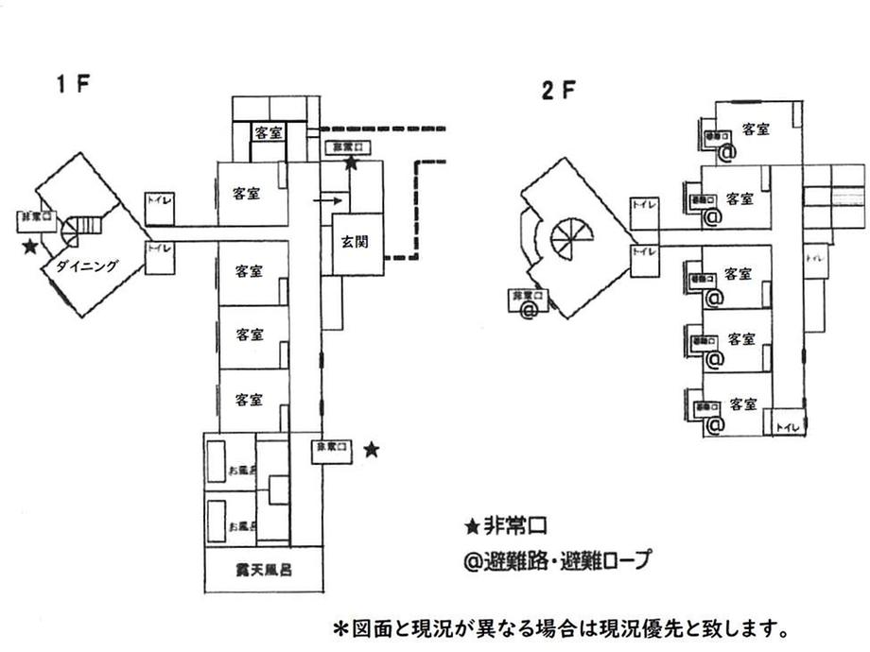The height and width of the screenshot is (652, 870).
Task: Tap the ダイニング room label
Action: click(x=86, y=266)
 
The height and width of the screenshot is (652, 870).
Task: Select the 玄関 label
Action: click(x=356, y=241)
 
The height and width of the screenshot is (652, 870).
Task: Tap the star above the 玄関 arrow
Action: click(x=351, y=163)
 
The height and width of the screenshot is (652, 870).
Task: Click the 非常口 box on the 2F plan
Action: click(x=526, y=296)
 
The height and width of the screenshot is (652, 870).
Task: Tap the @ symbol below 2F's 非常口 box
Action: click(x=530, y=309)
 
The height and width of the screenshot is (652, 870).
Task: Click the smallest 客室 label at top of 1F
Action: click(x=268, y=132)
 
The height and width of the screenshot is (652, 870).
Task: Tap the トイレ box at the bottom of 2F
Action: click(x=788, y=427)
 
